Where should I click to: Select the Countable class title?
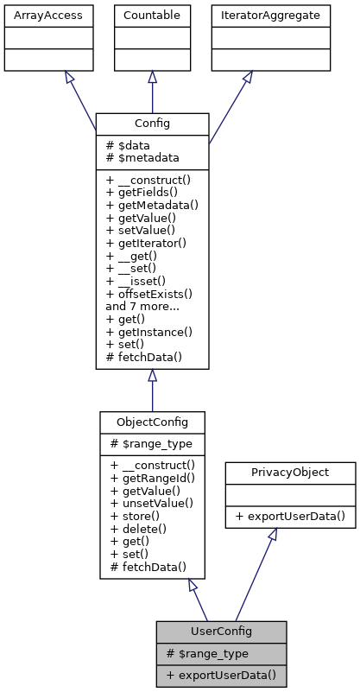coord(152,15)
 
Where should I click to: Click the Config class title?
coord(152,124)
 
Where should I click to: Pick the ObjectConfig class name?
coord(152,422)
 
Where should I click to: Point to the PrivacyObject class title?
coord(290,473)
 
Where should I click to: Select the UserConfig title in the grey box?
coord(221,632)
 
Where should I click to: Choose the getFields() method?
coord(143,193)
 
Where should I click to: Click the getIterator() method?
coord(147,244)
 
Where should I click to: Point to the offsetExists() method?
coord(148,294)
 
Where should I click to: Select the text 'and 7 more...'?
coord(142,306)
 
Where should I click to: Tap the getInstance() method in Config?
coord(148,332)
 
